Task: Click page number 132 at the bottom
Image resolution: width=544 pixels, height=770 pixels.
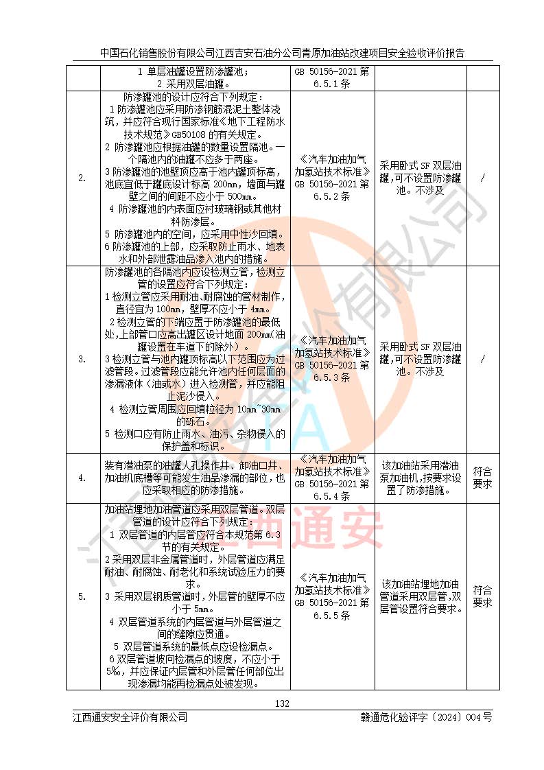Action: [281, 703]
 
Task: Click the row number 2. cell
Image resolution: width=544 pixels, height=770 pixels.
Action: [82, 178]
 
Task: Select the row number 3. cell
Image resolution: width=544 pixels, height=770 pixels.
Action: [82, 359]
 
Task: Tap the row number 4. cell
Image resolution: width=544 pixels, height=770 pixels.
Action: [82, 478]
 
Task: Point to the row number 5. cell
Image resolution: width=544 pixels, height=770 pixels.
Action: [82, 596]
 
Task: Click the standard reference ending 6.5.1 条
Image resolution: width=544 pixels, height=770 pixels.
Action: [332, 77]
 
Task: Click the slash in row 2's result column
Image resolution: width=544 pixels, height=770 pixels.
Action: [483, 178]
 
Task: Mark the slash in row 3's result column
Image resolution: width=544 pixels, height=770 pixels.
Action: [483, 359]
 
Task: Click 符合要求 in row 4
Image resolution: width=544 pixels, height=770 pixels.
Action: [483, 478]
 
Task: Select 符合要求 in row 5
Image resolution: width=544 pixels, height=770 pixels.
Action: [483, 596]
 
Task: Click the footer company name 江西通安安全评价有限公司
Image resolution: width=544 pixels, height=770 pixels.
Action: [130, 717]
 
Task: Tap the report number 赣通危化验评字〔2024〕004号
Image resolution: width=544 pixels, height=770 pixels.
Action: [426, 717]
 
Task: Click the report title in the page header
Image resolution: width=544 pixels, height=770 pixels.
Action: [282, 52]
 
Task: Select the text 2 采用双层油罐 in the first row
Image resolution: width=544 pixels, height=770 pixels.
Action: [196, 84]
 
